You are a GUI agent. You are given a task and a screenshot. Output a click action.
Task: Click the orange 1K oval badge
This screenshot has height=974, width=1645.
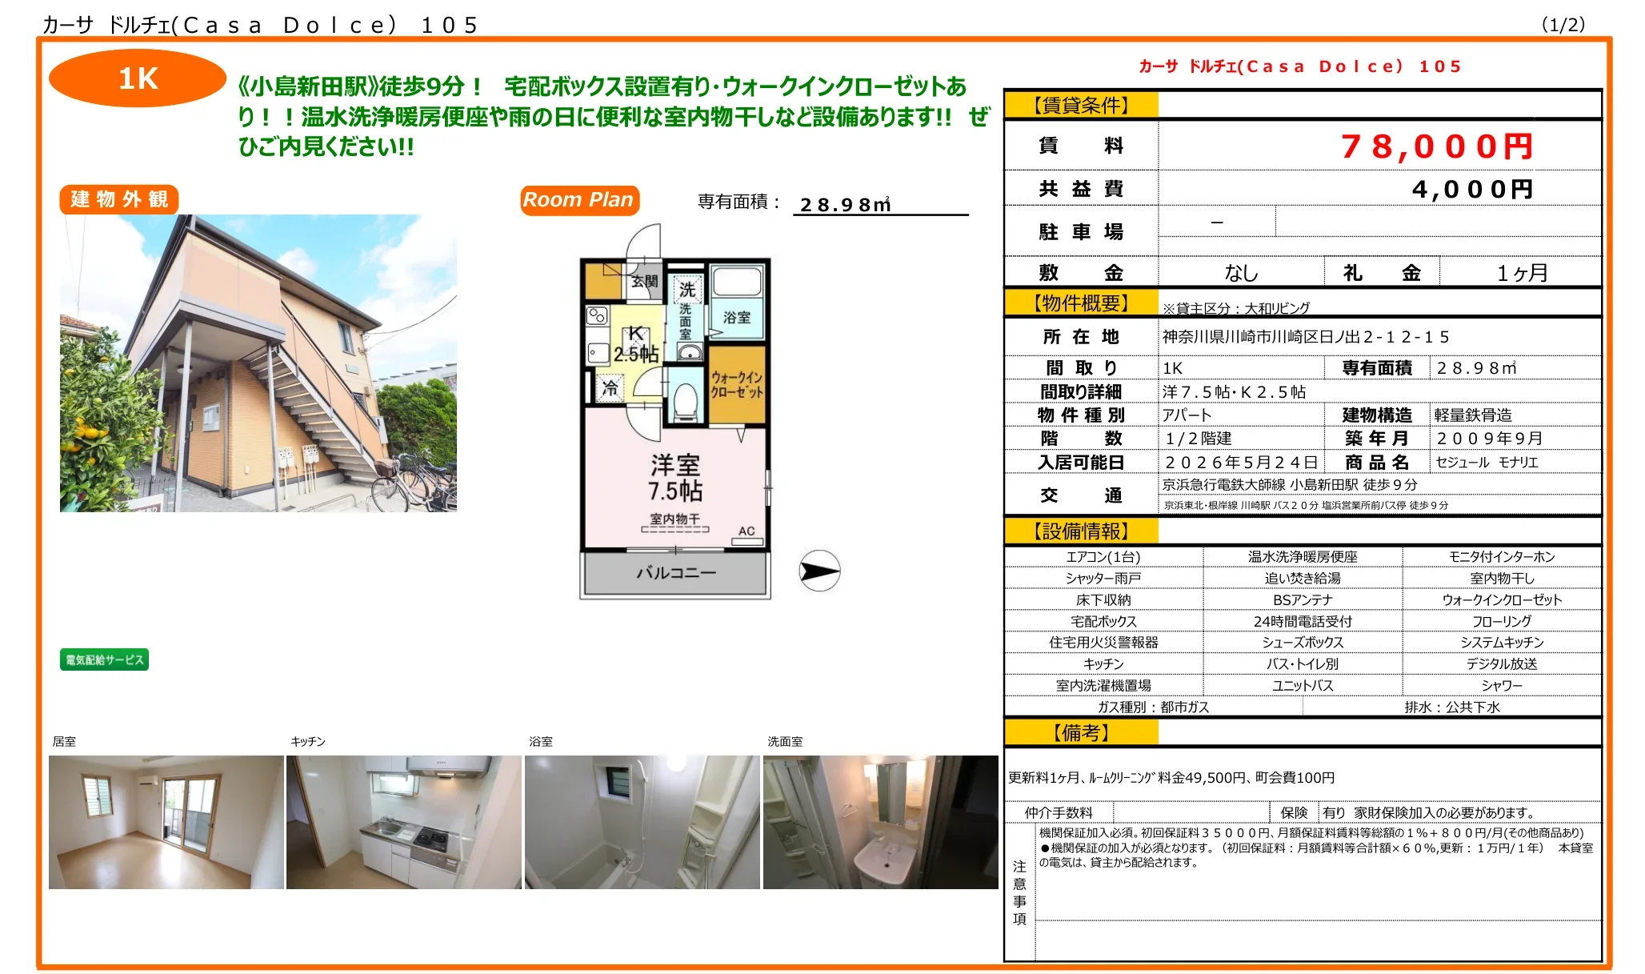tap(138, 78)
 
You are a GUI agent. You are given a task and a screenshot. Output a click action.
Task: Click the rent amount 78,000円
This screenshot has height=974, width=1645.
tap(1436, 146)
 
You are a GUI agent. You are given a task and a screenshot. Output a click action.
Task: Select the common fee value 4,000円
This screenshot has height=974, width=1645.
tap(1471, 190)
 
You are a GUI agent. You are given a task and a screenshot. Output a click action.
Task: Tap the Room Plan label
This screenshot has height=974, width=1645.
tap(578, 200)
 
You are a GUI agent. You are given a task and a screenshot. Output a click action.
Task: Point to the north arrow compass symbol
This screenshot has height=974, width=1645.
tap(819, 571)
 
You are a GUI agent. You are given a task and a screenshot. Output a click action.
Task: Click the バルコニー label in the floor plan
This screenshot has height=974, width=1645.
tap(675, 573)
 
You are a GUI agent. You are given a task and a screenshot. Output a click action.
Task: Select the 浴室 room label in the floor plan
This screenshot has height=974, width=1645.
tap(736, 317)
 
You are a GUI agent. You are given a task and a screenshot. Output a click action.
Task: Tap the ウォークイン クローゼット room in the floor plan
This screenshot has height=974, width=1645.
tap(737, 384)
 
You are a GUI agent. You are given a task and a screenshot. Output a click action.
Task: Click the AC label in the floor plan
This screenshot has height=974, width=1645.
tap(746, 531)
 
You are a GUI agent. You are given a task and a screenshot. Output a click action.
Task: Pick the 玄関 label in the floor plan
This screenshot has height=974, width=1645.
tap(644, 281)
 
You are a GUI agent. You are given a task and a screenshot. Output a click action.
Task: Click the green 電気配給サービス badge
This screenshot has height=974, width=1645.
tap(104, 659)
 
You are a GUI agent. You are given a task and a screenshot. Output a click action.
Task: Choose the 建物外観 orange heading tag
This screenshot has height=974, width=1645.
tap(119, 199)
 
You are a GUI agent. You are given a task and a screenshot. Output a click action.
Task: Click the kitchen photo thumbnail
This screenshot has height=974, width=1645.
tap(404, 822)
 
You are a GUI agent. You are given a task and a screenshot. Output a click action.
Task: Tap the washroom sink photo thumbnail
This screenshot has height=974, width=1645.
tap(880, 822)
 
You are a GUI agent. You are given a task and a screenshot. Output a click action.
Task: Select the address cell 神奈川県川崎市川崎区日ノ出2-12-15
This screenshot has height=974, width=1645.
tap(1305, 337)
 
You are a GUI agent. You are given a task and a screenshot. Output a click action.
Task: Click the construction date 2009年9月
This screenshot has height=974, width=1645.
tap(1489, 439)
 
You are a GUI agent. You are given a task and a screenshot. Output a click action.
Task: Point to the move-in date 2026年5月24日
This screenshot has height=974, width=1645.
tap(1241, 463)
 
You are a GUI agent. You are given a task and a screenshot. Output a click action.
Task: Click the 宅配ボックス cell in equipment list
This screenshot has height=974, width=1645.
tap(1103, 621)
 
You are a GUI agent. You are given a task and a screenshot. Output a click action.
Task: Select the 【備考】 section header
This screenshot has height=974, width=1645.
tap(1080, 732)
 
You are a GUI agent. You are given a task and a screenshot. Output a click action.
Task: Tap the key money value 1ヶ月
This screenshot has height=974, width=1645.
tap(1521, 273)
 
